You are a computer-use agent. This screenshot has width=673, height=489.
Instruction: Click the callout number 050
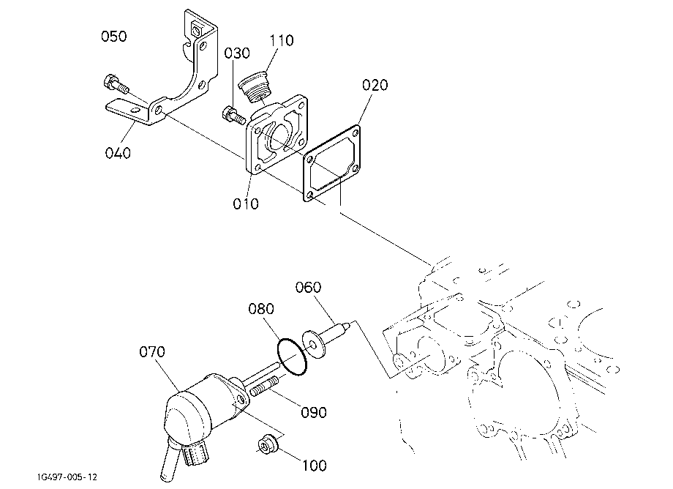(x=113, y=36)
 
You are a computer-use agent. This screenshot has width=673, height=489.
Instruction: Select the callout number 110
(x=282, y=40)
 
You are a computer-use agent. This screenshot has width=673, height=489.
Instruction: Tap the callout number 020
(x=375, y=85)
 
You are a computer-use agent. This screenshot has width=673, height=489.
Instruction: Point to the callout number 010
(x=246, y=204)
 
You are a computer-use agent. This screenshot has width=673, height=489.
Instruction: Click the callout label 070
(x=152, y=351)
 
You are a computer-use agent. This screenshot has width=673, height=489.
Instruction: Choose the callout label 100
(x=315, y=466)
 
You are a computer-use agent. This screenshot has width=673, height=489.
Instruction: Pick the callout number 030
(x=237, y=53)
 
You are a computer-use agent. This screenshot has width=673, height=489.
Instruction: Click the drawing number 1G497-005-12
(x=67, y=477)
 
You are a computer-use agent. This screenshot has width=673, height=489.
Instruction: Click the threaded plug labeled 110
(x=256, y=88)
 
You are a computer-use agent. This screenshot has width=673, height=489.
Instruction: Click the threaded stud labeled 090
(x=264, y=386)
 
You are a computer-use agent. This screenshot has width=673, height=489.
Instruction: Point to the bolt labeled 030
(x=233, y=115)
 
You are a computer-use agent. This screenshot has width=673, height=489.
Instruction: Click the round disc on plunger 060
(x=314, y=343)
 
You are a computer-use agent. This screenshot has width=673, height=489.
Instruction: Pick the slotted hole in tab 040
(x=136, y=111)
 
